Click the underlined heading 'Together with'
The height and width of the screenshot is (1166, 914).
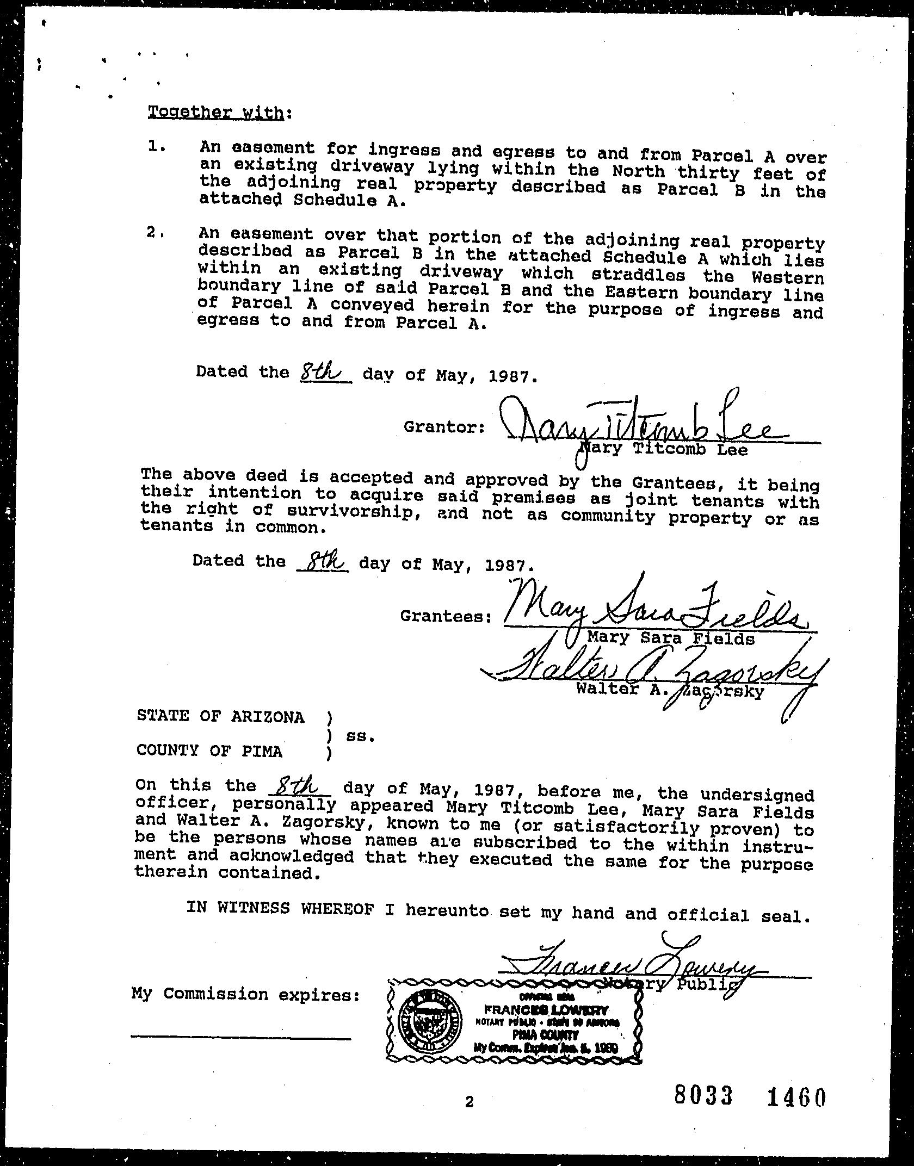pyautogui.click(x=215, y=113)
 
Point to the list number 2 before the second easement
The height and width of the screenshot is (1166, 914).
pyautogui.click(x=154, y=232)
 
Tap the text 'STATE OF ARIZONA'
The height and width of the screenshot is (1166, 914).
pyautogui.click(x=220, y=717)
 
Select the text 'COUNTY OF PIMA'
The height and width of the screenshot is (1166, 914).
pyautogui.click(x=209, y=751)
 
